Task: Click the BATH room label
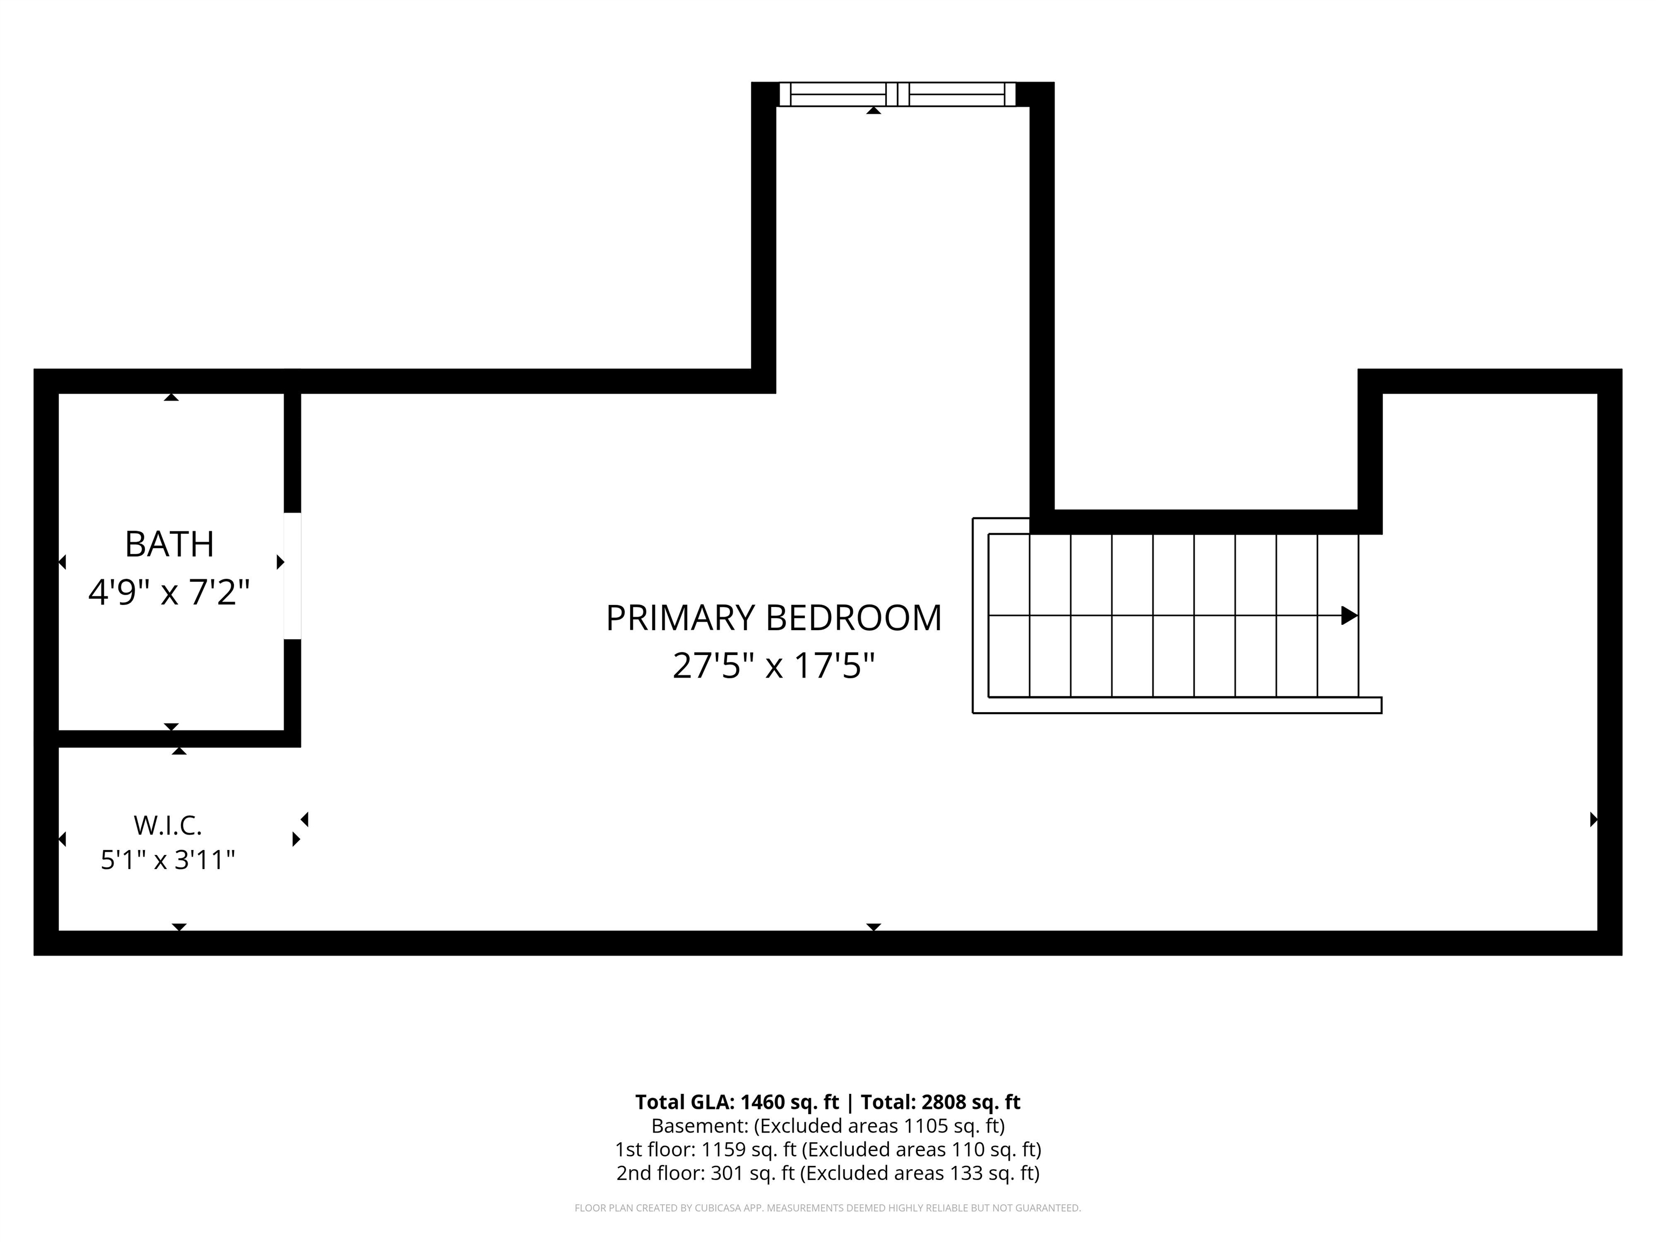(x=169, y=544)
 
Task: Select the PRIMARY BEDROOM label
(x=774, y=618)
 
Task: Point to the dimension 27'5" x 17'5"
(x=774, y=665)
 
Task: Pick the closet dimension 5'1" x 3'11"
(x=168, y=859)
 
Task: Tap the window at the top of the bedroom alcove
(x=897, y=94)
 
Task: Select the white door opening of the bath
(x=292, y=576)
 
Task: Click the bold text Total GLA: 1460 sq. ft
(x=737, y=1102)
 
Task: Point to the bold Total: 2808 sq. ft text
(x=940, y=1102)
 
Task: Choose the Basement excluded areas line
(x=828, y=1126)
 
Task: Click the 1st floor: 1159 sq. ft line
(x=828, y=1149)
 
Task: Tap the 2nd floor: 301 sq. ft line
(x=828, y=1173)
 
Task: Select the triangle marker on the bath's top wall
(x=171, y=397)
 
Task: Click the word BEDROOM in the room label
(x=853, y=618)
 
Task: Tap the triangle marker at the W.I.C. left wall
(x=62, y=839)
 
